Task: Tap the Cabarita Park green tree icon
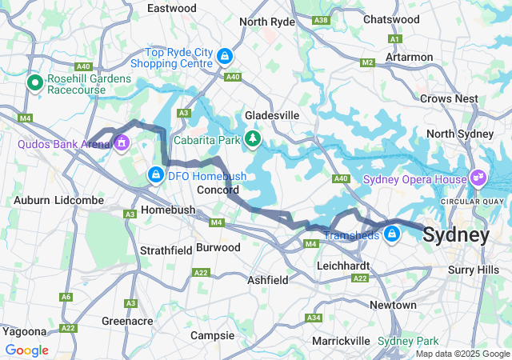pyautogui.click(x=253, y=140)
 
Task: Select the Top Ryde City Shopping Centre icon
pyautogui.click(x=226, y=56)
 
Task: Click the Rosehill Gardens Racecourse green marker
pyautogui.click(x=35, y=82)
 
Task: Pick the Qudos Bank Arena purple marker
pyautogui.click(x=122, y=144)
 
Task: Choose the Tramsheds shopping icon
pyautogui.click(x=392, y=234)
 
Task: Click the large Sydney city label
pyautogui.click(x=455, y=235)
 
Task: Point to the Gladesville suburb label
pyautogui.click(x=272, y=115)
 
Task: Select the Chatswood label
pyautogui.click(x=391, y=18)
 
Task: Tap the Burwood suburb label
pyautogui.click(x=218, y=248)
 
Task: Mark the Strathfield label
pyautogui.click(x=166, y=250)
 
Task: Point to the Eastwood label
pyautogui.click(x=172, y=8)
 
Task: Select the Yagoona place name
pyautogui.click(x=23, y=330)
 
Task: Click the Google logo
pyautogui.click(x=26, y=350)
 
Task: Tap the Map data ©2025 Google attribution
pyautogui.click(x=462, y=354)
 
